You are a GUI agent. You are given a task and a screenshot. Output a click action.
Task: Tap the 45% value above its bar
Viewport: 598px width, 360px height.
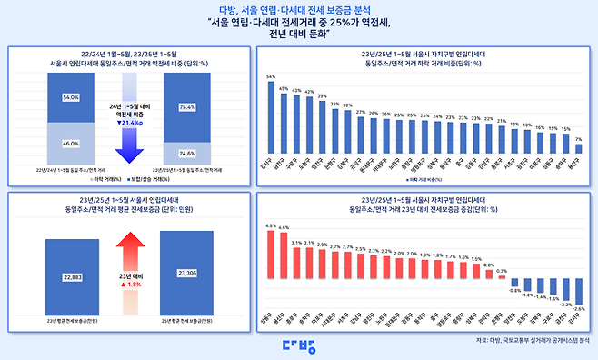(x=284, y=90)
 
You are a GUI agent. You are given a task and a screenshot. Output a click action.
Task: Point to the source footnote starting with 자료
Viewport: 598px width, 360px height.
(x=532, y=340)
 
